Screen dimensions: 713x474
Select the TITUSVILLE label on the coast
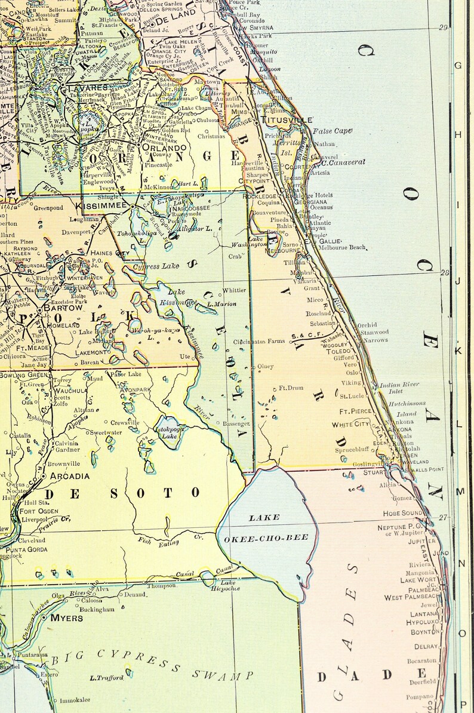[x=287, y=119]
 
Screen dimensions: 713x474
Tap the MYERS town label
[x=66, y=617]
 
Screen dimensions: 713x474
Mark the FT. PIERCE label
[x=356, y=411]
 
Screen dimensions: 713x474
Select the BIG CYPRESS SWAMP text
[x=152, y=665]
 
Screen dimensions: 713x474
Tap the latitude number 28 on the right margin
[x=444, y=272]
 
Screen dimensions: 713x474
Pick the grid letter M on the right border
[x=460, y=491]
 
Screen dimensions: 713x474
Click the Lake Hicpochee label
[x=226, y=585]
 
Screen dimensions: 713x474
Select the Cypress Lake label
[x=156, y=266]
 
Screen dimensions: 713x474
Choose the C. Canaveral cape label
[x=343, y=162]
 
